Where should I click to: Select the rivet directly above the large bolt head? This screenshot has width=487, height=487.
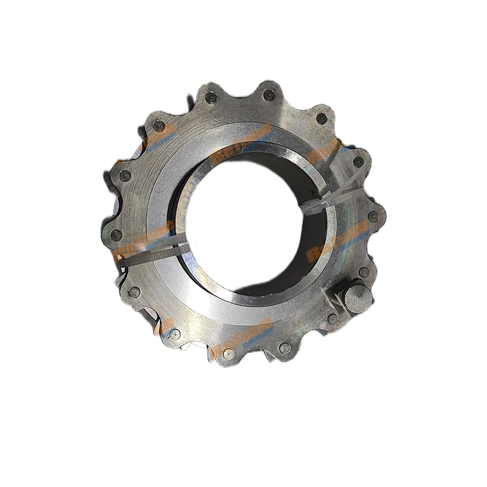[363, 272]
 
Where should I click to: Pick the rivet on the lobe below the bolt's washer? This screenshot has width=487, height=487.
[333, 318]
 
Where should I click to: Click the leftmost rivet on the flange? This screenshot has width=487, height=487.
[116, 234]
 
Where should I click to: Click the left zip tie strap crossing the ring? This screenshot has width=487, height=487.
[152, 251]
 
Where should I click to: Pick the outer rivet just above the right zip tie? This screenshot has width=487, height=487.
[359, 162]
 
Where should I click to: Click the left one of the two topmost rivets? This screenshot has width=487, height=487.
[211, 97]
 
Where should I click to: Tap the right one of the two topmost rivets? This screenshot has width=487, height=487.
[268, 94]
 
